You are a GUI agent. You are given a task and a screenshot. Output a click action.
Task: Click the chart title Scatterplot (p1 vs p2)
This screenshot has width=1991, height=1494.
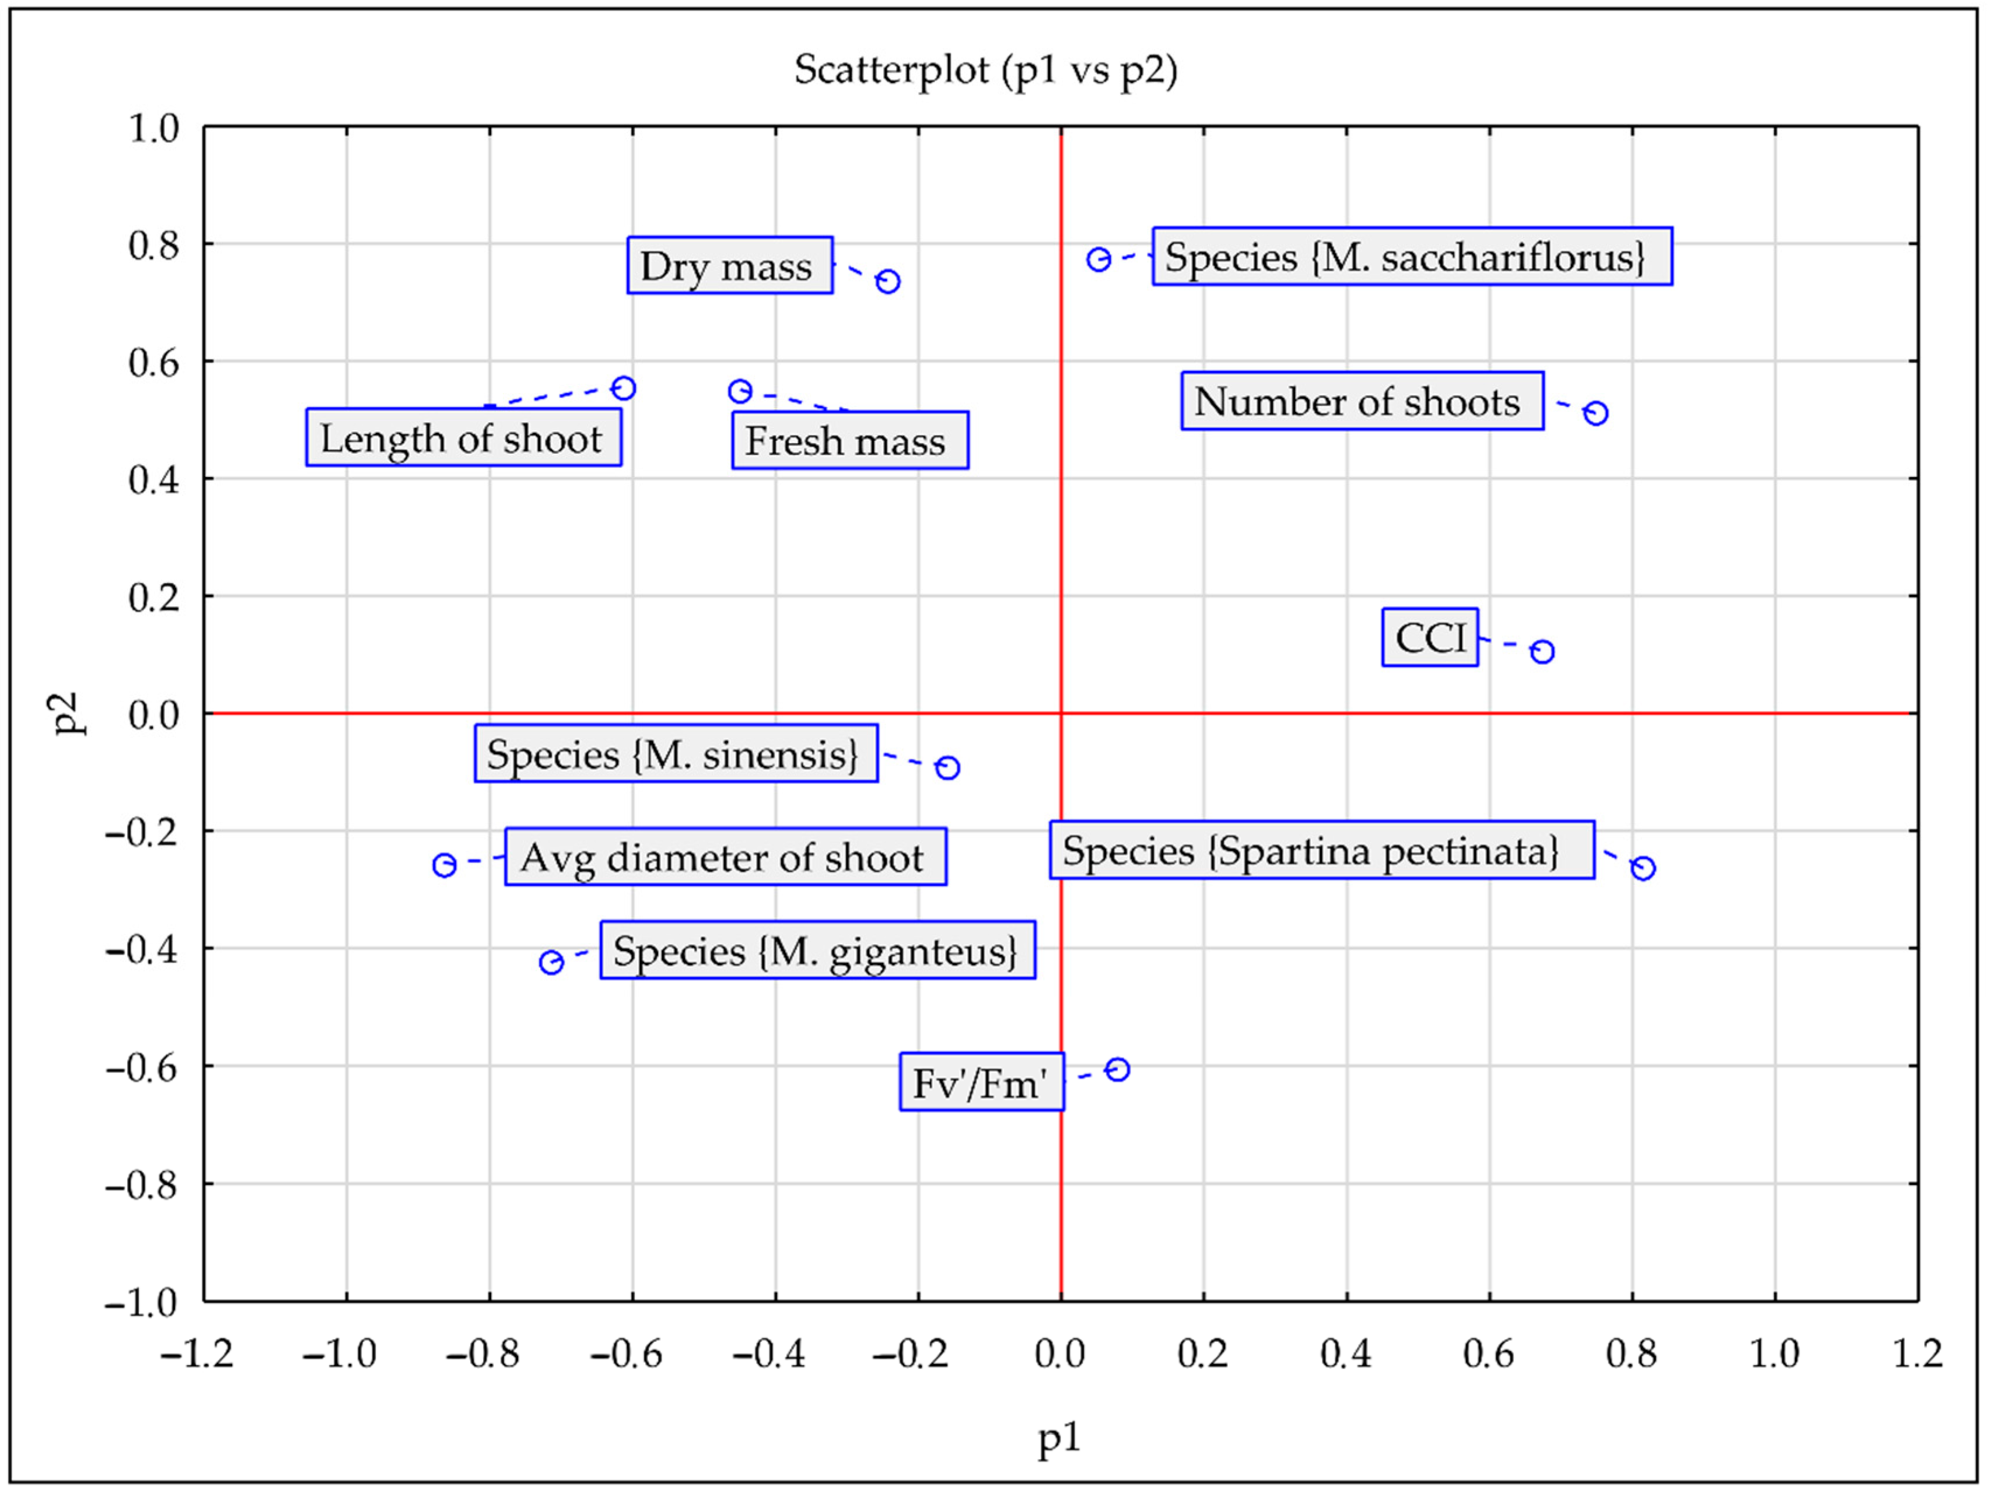click(986, 70)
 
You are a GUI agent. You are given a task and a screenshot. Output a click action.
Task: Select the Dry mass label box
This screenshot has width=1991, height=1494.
click(729, 265)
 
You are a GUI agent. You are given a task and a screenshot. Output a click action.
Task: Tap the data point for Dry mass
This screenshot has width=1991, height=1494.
click(887, 282)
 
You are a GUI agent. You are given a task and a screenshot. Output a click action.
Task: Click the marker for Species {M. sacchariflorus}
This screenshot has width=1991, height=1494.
click(1098, 260)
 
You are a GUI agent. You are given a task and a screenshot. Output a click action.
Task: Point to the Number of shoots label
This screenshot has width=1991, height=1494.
click(1361, 401)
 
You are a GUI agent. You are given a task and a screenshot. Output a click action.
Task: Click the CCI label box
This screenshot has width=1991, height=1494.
click(1429, 637)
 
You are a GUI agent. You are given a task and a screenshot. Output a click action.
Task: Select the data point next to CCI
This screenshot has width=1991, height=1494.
click(1542, 651)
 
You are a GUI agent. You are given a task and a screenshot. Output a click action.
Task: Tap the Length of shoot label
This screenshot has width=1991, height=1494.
click(463, 439)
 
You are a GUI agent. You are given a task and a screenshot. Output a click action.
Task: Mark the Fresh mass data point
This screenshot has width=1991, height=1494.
click(740, 391)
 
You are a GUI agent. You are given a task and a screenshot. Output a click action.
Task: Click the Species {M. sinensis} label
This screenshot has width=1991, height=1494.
click(675, 753)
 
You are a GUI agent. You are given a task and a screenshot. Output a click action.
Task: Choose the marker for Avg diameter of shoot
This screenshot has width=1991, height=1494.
click(444, 865)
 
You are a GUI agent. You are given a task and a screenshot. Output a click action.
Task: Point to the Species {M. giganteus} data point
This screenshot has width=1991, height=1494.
click(551, 962)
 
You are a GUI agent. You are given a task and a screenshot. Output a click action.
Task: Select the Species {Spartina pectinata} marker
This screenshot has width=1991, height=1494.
click(1643, 868)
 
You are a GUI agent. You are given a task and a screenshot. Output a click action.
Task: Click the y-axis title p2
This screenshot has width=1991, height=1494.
click(68, 714)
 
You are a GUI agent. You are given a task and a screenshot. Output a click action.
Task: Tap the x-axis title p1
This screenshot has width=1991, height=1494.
click(1059, 1438)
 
